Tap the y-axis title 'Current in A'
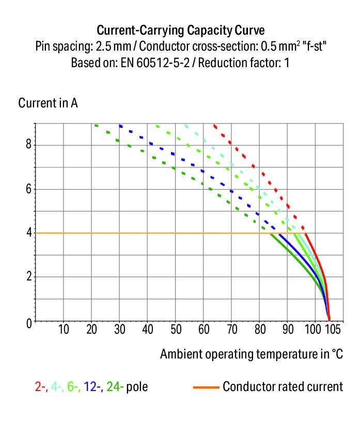point(48,103)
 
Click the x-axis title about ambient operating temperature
point(251,354)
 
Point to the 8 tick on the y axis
point(28,144)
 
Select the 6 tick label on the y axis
point(28,189)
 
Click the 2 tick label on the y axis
point(28,277)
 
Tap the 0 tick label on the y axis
point(28,322)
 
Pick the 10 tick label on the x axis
point(63,330)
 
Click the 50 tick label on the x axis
point(176,330)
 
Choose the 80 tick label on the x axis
point(261,330)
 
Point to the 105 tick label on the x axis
point(332,330)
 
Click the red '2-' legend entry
point(41,386)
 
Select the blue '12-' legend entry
point(93,386)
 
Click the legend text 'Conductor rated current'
point(283,386)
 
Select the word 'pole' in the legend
point(137,386)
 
